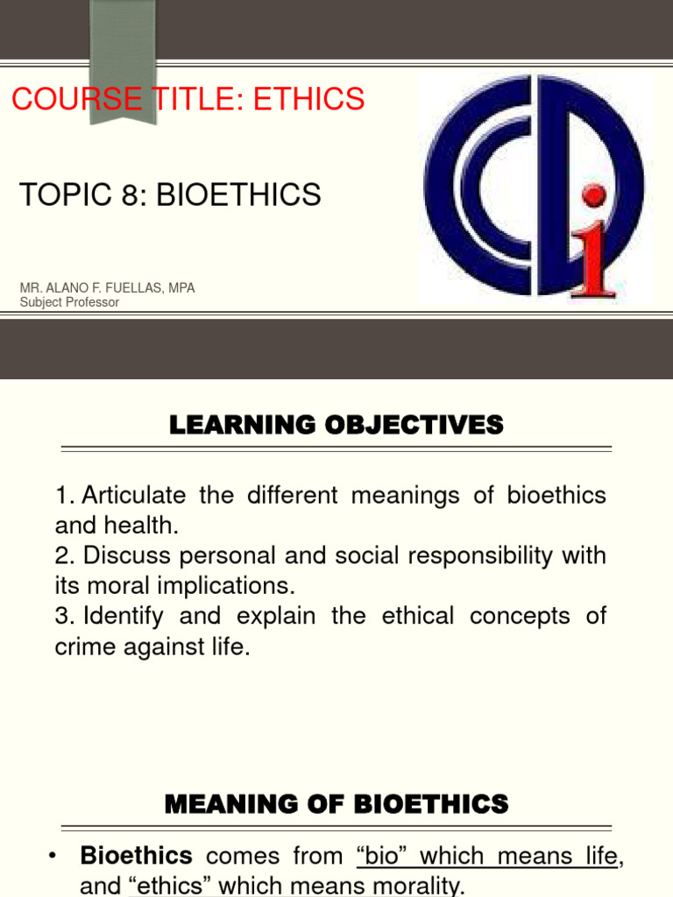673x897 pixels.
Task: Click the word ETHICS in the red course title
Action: (x=308, y=100)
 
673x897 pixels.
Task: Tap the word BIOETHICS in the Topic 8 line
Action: (x=238, y=195)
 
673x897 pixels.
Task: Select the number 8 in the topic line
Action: (x=130, y=195)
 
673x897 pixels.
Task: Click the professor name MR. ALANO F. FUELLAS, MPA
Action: (x=107, y=288)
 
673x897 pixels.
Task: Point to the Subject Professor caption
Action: (x=69, y=302)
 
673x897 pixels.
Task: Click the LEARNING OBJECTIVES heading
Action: (x=336, y=427)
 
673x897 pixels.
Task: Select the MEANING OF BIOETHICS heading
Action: (x=336, y=803)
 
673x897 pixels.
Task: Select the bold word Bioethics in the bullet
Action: (x=136, y=856)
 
